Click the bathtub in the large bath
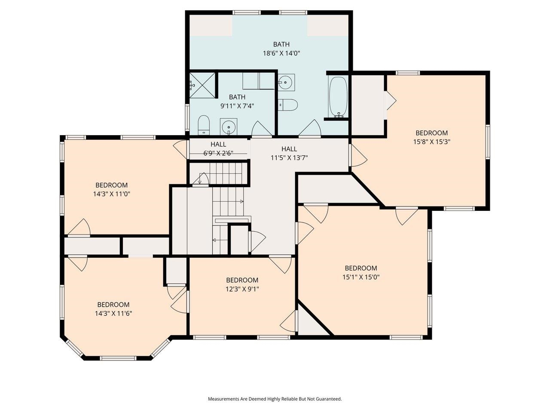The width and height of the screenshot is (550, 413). (338, 97)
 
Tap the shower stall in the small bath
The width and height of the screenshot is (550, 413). (202, 85)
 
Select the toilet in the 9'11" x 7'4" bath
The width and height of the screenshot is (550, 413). (204, 125)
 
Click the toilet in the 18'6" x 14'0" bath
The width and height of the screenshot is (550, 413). (287, 105)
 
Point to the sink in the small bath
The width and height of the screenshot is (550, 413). (229, 126)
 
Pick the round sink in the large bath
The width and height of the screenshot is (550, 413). (286, 82)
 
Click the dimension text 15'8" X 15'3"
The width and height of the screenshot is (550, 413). (431, 142)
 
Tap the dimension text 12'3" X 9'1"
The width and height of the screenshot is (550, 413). (242, 289)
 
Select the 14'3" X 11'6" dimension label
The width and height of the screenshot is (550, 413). (113, 314)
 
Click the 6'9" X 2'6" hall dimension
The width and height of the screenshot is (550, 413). (218, 153)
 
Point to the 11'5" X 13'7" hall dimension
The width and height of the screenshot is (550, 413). (289, 158)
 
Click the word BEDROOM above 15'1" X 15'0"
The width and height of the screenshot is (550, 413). (361, 268)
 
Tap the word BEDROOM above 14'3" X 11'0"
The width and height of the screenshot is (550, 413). (111, 185)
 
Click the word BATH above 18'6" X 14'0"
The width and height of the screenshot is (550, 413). (281, 44)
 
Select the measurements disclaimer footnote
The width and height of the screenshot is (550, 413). (275, 399)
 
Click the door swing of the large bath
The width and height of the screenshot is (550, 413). (310, 128)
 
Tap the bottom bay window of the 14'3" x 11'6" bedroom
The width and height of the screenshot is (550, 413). (118, 358)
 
